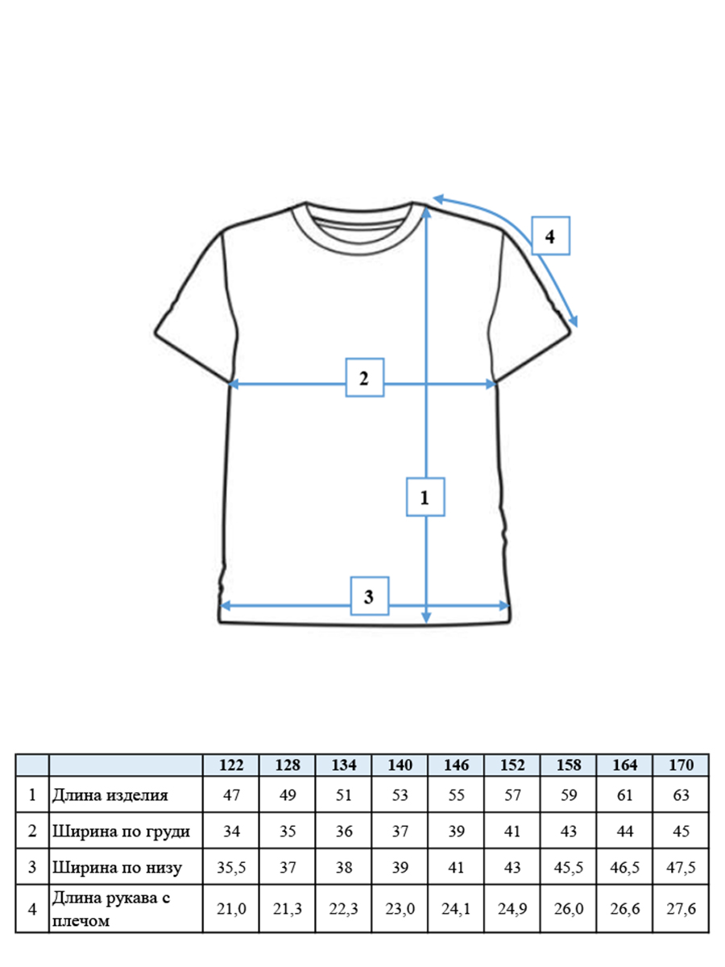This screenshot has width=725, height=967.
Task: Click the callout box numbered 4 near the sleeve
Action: point(550,235)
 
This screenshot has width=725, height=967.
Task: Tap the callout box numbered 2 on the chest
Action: point(364,378)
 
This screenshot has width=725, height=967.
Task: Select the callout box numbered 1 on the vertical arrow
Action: point(425,497)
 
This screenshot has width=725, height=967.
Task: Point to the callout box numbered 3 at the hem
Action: point(369,596)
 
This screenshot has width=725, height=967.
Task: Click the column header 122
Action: point(231,765)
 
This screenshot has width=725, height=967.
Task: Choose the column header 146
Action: point(456,765)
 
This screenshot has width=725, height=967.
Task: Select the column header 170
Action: point(681,765)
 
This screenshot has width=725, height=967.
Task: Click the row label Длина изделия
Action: point(110,795)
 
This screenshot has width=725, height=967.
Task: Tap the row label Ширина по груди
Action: point(121,832)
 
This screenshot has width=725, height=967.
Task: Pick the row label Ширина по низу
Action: point(117,867)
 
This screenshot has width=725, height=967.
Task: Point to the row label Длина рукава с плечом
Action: point(111,909)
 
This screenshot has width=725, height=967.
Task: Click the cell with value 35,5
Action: point(231,868)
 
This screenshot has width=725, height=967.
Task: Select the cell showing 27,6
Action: point(681,909)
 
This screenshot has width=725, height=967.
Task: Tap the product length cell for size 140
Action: point(400,795)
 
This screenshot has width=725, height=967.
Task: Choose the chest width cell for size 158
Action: point(568,832)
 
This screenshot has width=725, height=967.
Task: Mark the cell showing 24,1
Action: point(456,909)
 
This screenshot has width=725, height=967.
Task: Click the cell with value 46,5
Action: point(624,868)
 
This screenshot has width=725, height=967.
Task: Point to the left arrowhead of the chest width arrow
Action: point(234,384)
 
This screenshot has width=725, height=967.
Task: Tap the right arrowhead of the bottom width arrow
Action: point(504,606)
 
